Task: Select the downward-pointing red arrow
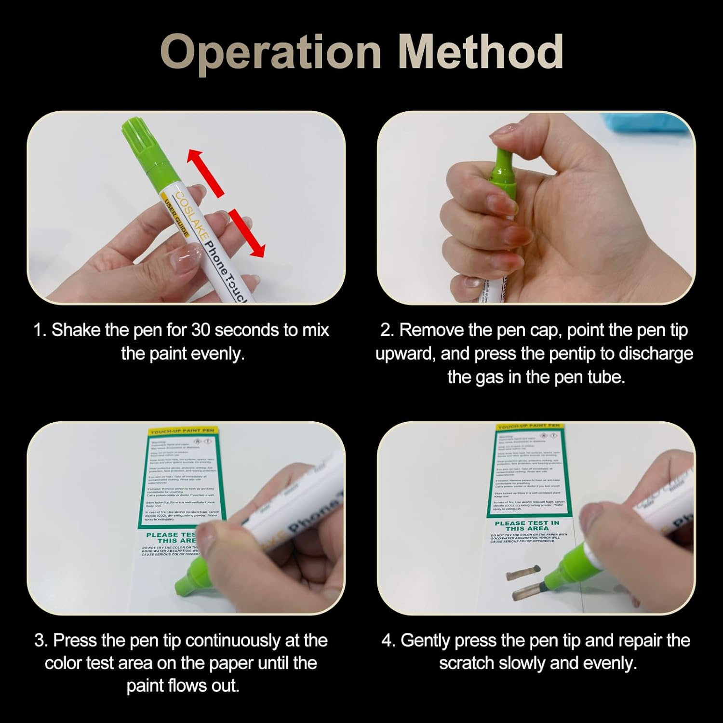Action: pos(247,232)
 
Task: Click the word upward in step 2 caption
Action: pos(405,354)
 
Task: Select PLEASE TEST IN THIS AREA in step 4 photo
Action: pos(527,525)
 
